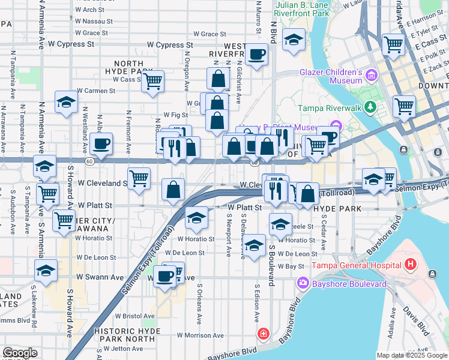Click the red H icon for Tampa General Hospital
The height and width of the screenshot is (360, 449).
pyautogui.click(x=411, y=264)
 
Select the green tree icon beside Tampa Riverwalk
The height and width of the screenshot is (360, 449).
pyautogui.click(x=371, y=107)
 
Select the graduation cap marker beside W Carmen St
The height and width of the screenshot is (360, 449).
pyautogui.click(x=66, y=101)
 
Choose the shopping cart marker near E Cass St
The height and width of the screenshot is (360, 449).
pyautogui.click(x=393, y=43)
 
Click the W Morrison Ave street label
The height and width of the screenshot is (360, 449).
pyautogui.click(x=200, y=335)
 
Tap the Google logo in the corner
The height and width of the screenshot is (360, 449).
pyautogui.click(x=20, y=353)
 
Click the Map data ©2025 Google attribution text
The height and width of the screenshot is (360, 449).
pyautogui.click(x=412, y=355)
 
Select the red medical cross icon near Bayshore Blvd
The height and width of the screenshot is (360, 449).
pyautogui.click(x=263, y=333)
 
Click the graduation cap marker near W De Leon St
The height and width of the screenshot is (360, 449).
pyautogui.click(x=254, y=244)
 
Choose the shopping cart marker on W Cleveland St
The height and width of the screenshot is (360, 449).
pyautogui.click(x=139, y=178)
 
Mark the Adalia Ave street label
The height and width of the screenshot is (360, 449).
pyautogui.click(x=393, y=324)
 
